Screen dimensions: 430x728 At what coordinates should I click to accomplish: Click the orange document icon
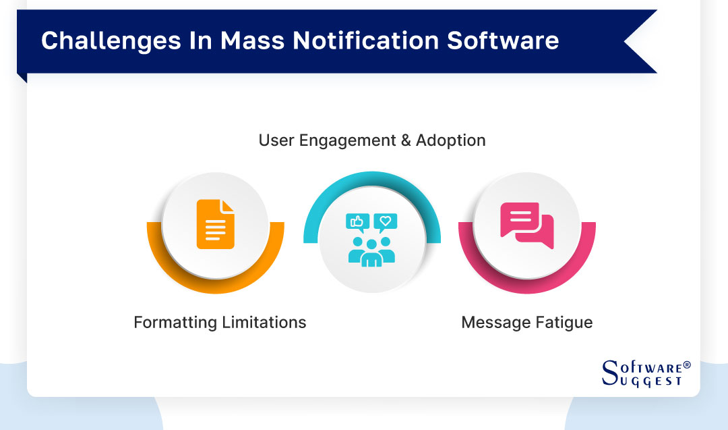(216, 224)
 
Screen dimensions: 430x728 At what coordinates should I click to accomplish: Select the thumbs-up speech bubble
(357, 221)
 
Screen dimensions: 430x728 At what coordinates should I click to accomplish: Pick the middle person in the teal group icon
(371, 251)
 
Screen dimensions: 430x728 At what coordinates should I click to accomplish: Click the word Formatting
(175, 322)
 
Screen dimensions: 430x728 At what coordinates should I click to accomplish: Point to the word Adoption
(450, 140)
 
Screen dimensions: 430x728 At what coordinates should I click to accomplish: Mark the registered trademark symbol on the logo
(687, 365)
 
